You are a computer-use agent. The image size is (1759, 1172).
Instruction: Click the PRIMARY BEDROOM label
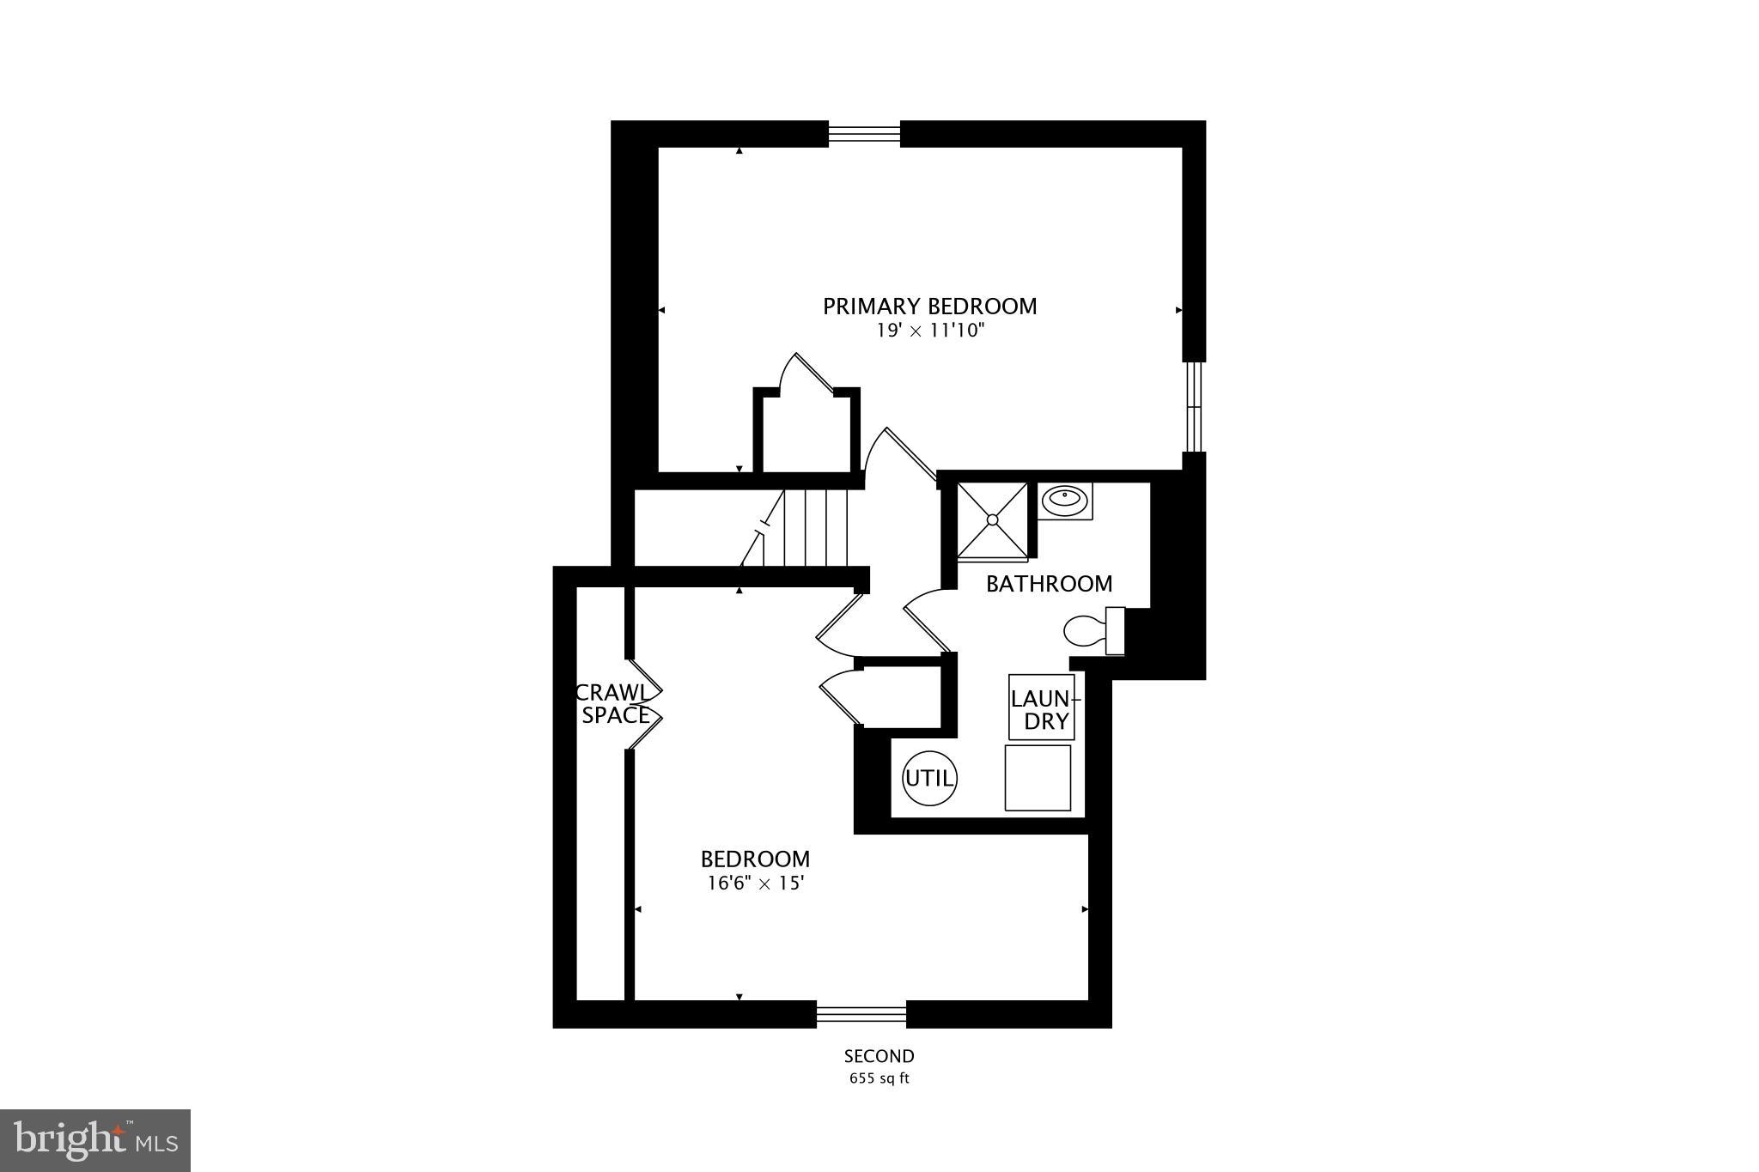pyautogui.click(x=929, y=307)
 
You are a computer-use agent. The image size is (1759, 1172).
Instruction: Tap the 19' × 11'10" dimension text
pyautogui.click(x=929, y=331)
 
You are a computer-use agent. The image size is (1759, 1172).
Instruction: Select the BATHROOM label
pyautogui.click(x=1049, y=584)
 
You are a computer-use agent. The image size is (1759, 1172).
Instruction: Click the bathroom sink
pyautogui.click(x=1065, y=500)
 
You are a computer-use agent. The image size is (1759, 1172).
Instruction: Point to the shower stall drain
pyautogui.click(x=992, y=519)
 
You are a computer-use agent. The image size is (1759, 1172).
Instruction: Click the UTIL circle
pyautogui.click(x=929, y=779)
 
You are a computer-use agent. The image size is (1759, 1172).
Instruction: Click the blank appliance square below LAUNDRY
pyautogui.click(x=1038, y=777)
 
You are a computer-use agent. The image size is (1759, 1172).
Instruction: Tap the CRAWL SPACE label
pyautogui.click(x=614, y=703)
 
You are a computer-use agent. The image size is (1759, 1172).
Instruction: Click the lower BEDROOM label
pyautogui.click(x=755, y=859)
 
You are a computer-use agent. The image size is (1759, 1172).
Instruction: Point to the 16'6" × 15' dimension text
pyautogui.click(x=755, y=883)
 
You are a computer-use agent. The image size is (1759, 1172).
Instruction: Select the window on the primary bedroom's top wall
pyautogui.click(x=864, y=134)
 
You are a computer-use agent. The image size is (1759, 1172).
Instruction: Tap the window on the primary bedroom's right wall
pyautogui.click(x=1194, y=406)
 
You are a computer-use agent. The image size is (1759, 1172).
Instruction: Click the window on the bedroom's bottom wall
pyautogui.click(x=861, y=1015)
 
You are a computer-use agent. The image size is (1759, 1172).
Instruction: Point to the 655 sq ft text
pyautogui.click(x=879, y=1078)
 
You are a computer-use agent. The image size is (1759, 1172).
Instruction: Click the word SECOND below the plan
pyautogui.click(x=879, y=1056)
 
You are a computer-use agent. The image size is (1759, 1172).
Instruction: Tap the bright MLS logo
pyautogui.click(x=95, y=1140)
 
